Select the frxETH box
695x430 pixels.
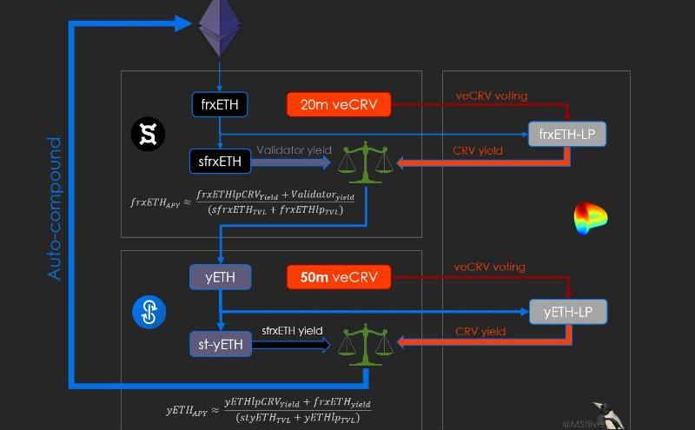tap(220, 105)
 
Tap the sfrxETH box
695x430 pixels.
tap(220, 161)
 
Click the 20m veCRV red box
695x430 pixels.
tap(339, 105)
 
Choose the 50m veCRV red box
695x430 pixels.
tap(339, 278)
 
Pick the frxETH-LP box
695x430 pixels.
tap(567, 135)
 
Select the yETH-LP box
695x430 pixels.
tap(567, 311)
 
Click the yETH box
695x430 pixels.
tap(220, 278)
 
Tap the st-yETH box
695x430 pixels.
tap(220, 345)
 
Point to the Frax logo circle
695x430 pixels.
tap(148, 134)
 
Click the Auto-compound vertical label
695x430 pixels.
tap(56, 208)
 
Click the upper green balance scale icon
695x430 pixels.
tap(365, 163)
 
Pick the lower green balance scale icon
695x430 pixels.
tap(365, 344)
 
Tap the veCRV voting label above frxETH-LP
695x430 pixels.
tap(491, 96)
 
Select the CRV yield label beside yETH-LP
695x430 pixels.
tap(480, 331)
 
